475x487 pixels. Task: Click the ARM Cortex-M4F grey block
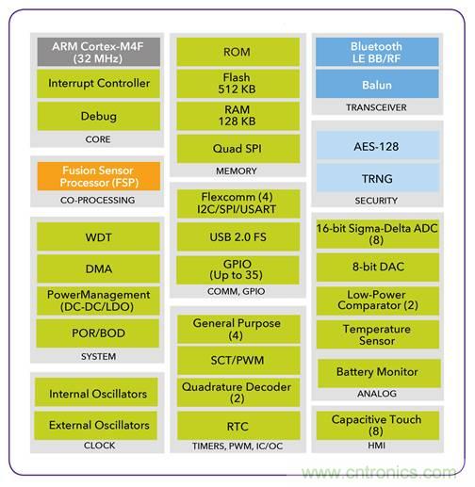99,52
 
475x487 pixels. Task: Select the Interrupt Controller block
99,84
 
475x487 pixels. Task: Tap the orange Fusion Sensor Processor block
99,176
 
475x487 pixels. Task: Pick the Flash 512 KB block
237,84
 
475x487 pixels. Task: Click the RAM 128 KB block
237,116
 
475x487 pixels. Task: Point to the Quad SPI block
238,149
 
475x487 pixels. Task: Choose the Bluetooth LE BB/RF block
377,52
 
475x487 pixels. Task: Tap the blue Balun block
377,84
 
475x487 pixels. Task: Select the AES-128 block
378,145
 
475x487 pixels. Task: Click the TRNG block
378,178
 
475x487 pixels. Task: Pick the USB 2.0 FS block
238,236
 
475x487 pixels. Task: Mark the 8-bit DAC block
378,268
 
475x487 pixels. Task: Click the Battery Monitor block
379,373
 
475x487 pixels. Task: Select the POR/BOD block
98,333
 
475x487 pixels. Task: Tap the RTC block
238,426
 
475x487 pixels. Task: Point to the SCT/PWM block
238,360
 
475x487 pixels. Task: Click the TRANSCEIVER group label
376,107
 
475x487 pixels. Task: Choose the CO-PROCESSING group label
98,200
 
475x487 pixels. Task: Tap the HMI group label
376,446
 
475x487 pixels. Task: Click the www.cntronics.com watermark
379,472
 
